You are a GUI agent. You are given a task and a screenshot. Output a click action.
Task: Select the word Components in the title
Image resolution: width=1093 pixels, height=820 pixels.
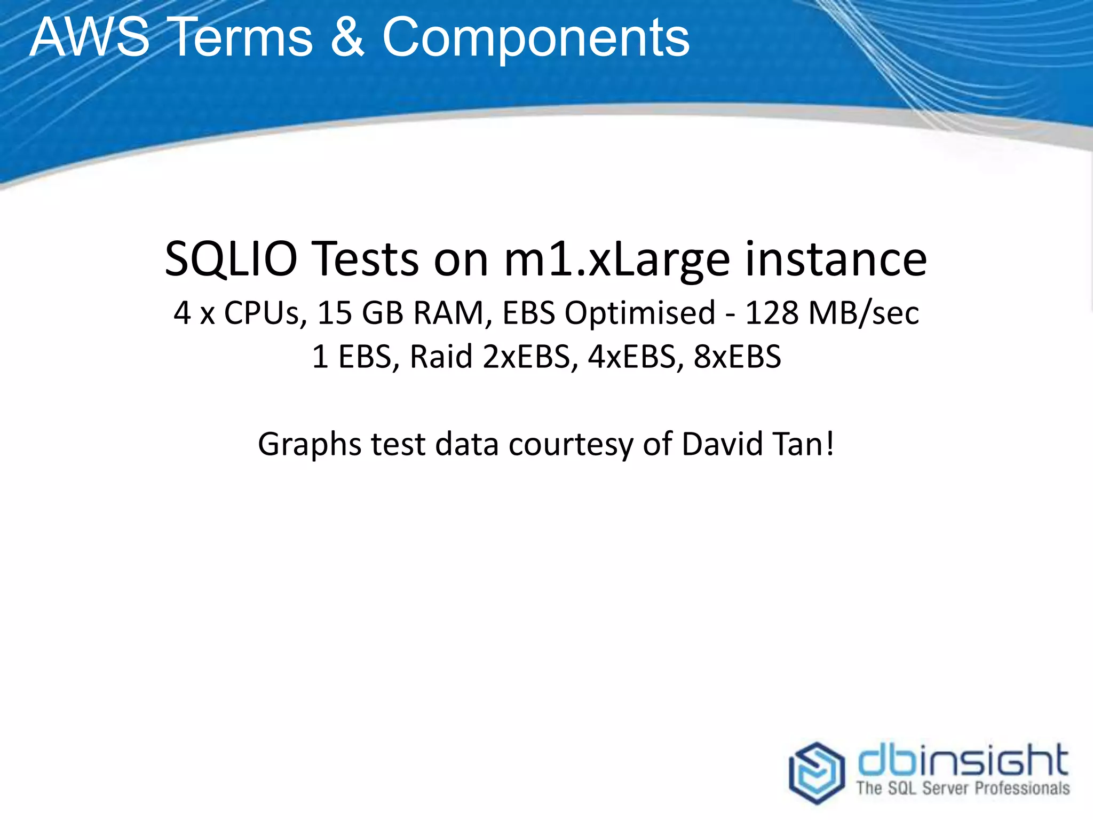[x=536, y=38]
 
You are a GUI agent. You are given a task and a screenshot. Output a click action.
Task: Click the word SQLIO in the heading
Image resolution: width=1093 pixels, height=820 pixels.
[x=231, y=259]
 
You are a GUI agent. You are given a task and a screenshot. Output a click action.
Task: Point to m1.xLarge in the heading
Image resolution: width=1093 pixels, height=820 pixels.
[x=616, y=261]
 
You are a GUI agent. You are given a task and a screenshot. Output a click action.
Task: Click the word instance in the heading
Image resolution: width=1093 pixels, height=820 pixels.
[x=836, y=259]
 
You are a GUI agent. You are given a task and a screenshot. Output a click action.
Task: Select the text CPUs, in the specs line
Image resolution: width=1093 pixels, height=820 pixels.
[x=265, y=313]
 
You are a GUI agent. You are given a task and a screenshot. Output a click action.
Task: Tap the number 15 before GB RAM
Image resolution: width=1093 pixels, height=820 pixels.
[x=334, y=313]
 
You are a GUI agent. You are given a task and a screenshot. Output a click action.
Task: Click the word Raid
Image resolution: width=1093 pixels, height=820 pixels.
[x=441, y=357]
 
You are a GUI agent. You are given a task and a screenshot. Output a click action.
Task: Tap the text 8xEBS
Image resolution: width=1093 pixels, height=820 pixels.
[x=737, y=357]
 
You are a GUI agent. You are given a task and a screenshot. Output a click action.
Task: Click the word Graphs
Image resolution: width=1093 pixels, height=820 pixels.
[x=309, y=444]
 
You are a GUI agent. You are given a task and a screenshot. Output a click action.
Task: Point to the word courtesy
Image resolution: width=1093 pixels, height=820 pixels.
[x=570, y=444]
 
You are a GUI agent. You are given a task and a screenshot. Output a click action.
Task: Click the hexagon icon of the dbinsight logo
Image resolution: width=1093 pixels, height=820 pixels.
[x=816, y=772]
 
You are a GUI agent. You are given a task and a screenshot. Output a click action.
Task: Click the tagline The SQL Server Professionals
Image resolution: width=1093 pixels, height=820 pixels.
[x=963, y=788]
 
